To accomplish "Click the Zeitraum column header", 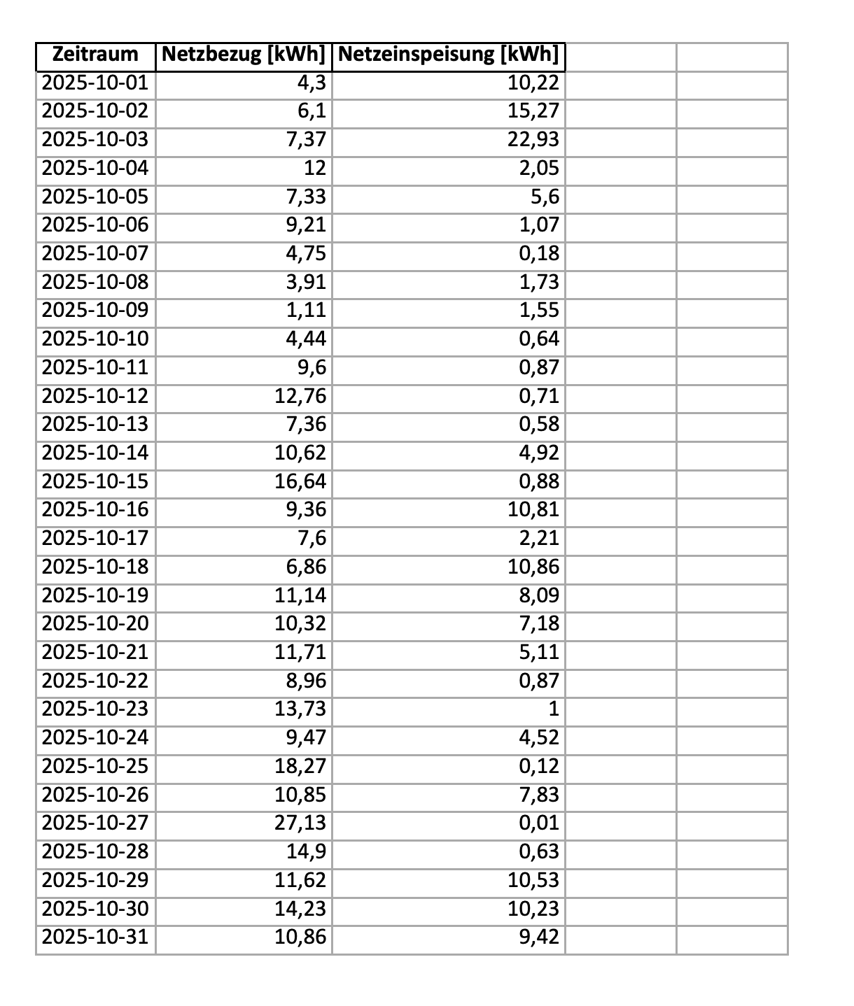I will coord(95,55).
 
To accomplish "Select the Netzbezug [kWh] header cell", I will coord(244,55).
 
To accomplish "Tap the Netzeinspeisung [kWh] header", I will coord(448,55).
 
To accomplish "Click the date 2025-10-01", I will coord(95,84).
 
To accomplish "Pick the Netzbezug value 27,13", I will coord(300,823).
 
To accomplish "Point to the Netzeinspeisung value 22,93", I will coord(533,140).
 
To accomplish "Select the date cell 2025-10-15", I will coord(95,481).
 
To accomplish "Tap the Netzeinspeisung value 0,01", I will coord(539,823).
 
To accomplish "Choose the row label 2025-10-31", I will coord(95,937).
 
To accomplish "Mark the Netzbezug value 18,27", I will coord(300,766).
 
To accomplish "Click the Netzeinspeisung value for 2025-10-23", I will coord(553,709).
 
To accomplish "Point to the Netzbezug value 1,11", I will coord(306,311).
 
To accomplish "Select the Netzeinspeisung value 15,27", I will coord(533,112).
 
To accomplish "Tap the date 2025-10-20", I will coord(95,623).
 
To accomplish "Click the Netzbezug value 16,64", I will coord(300,481).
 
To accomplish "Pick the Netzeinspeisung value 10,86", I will coord(533,567).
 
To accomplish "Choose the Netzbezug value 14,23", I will coord(300,908).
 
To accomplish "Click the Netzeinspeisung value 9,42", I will coord(539,937).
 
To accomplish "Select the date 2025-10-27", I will coord(95,823).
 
